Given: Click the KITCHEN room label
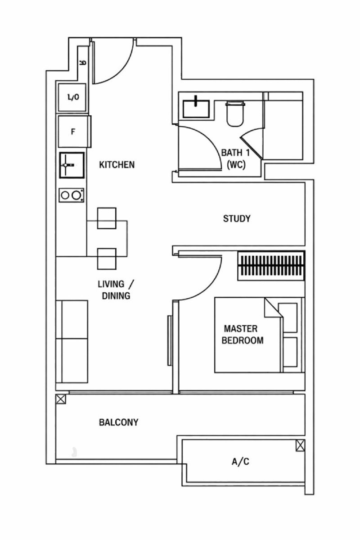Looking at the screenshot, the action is click(x=117, y=165).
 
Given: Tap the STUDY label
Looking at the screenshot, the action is click(x=237, y=218).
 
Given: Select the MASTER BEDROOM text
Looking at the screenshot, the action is click(x=242, y=334).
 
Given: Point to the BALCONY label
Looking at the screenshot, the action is click(x=118, y=422).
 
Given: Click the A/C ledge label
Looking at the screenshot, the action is click(x=240, y=461).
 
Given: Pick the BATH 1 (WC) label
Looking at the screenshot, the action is click(x=236, y=159).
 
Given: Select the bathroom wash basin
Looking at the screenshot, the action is click(x=196, y=108).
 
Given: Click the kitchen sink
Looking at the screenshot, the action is click(x=72, y=165).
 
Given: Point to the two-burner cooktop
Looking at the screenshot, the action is click(x=71, y=195).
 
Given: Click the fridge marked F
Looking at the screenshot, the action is click(x=74, y=132).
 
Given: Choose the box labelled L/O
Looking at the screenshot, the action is click(x=72, y=97).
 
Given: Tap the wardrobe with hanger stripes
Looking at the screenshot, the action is click(x=271, y=266).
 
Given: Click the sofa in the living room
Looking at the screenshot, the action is click(x=72, y=342).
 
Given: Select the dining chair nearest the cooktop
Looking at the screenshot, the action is click(x=107, y=218).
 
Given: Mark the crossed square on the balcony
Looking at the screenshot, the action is click(x=61, y=399).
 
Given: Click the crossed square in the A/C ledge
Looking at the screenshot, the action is click(x=300, y=445).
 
